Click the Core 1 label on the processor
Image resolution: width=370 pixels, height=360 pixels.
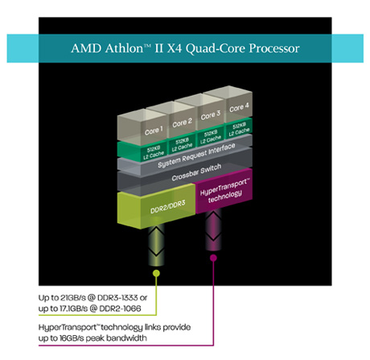coord(154,130)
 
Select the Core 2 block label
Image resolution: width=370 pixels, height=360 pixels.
coord(183,122)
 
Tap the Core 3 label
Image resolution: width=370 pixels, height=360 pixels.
coord(211,115)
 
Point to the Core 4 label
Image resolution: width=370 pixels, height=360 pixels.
coord(239,107)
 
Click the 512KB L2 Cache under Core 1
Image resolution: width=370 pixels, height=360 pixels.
coord(154,152)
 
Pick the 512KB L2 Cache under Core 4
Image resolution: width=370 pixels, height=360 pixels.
coord(239,129)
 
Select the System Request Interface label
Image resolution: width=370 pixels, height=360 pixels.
coord(196,155)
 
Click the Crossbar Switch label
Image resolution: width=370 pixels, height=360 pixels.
coord(196,172)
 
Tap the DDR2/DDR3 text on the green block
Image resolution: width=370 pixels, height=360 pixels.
coord(168,207)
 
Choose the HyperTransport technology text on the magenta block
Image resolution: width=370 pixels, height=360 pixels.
coord(224,190)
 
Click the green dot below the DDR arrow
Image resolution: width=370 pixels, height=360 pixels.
coord(156,273)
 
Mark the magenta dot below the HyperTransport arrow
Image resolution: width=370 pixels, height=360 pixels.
coord(213,258)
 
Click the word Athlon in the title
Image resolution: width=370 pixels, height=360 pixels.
coord(125,48)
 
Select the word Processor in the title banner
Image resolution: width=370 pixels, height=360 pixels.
coord(274,48)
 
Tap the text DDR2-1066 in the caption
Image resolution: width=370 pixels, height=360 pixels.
coord(120,308)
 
